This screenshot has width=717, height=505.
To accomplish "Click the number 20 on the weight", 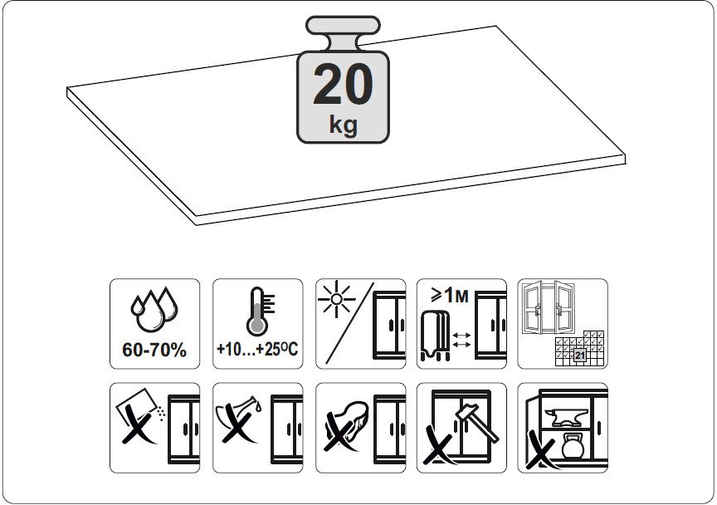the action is [343, 85].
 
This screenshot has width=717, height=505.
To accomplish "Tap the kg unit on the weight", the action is [343, 124].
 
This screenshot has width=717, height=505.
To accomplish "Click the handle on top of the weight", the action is [343, 26].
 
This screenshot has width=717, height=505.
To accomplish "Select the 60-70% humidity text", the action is [154, 351].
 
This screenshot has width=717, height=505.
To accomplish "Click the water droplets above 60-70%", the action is [154, 310].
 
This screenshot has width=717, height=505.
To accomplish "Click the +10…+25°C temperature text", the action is [257, 350].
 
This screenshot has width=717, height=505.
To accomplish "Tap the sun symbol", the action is [337, 300].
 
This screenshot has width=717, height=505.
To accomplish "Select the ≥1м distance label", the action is [450, 296].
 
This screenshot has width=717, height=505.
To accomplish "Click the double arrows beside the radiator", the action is [461, 341].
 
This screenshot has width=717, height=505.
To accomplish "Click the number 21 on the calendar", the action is [580, 355].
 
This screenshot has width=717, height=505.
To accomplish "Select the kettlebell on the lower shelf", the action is [573, 445].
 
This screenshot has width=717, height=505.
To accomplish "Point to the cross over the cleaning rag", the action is [342, 430].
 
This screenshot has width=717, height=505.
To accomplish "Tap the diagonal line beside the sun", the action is [350, 323].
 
